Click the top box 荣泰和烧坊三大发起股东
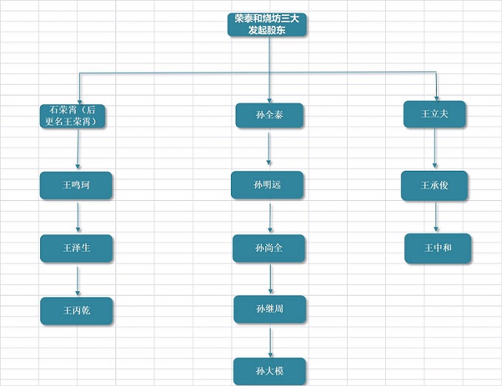(267, 24)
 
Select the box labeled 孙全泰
(269, 116)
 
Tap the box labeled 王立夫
(435, 114)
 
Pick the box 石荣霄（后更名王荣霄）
(76, 116)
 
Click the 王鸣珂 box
(76, 185)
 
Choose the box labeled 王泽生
(76, 248)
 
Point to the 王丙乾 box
(76, 311)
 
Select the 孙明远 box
(267, 185)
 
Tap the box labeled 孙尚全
(269, 248)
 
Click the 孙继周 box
(270, 309)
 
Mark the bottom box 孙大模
(270, 371)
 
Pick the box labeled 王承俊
(435, 186)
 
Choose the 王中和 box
(437, 248)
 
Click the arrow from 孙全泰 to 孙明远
(269, 149)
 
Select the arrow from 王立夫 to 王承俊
(435, 149)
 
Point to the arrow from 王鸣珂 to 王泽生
(77, 217)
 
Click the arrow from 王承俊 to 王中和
(436, 217)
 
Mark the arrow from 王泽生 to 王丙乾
(77, 280)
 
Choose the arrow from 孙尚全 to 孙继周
(270, 279)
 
